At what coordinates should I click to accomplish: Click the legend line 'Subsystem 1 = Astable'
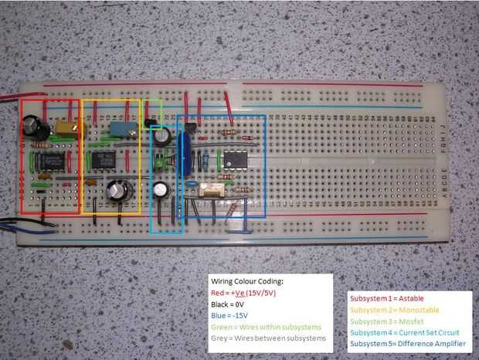pos(384,297)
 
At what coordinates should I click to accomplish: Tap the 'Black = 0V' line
pos(229,305)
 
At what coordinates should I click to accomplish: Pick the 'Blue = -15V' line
pos(230,316)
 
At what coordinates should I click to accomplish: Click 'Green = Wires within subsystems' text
pos(263,327)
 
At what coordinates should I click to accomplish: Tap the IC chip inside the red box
pos(52,161)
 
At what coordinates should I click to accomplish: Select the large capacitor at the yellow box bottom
pos(117,192)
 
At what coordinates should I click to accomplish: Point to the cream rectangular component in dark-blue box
pos(210,190)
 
